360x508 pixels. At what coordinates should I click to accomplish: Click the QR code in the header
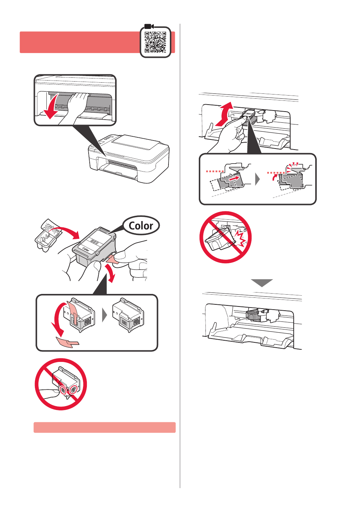tap(155, 42)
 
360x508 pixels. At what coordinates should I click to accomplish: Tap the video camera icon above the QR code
tap(149, 26)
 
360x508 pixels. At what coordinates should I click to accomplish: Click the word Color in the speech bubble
tap(141, 226)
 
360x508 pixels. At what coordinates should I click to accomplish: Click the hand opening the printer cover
tap(74, 108)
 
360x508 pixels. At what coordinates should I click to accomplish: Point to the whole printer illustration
tap(129, 159)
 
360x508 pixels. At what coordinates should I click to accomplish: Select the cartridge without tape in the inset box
tap(128, 314)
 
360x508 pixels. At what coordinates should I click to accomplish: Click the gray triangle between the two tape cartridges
tap(104, 315)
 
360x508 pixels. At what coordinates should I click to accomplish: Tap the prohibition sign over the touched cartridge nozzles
tap(61, 384)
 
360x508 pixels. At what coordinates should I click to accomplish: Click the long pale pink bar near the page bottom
tap(105, 427)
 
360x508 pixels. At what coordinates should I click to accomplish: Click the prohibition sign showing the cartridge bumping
tap(225, 237)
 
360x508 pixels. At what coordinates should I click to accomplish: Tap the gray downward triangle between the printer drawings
tap(262, 283)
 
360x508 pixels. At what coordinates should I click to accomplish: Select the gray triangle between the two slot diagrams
tap(257, 180)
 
